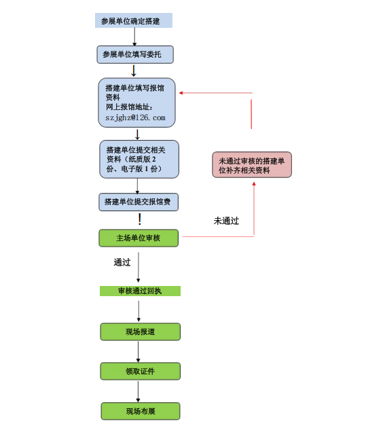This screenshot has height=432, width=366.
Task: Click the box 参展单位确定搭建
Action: (x=133, y=21)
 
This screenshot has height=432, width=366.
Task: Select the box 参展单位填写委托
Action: (x=134, y=54)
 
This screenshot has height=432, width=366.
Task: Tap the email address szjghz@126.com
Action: (x=136, y=118)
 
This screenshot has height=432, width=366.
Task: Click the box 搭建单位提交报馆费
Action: (x=139, y=202)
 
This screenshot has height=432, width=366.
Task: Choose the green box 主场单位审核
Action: (x=139, y=238)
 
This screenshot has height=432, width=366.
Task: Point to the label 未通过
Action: (x=226, y=221)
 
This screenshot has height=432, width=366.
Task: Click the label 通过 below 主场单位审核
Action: (x=122, y=262)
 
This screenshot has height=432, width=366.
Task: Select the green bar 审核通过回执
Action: (x=140, y=291)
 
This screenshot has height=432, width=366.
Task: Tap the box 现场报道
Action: (x=140, y=331)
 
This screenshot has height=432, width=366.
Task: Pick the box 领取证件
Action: (x=140, y=371)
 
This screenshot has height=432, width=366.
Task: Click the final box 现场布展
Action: (x=140, y=411)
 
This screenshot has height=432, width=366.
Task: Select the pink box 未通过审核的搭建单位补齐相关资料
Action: (x=252, y=165)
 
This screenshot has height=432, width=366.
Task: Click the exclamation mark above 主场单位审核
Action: (x=139, y=219)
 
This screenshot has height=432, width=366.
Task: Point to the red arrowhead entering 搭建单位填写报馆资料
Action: (x=182, y=93)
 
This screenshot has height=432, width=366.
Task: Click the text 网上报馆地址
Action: (x=130, y=107)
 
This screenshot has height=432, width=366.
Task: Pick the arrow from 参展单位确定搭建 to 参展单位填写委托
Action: (x=134, y=37)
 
